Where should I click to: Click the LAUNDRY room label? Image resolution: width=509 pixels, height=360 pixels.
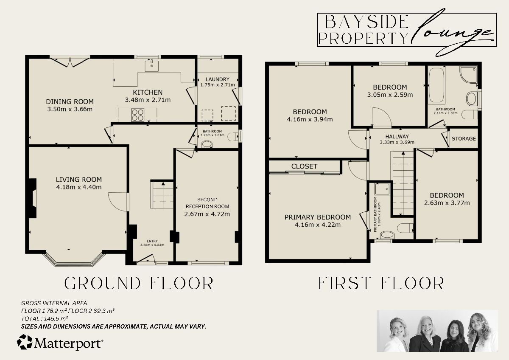(x=217, y=79)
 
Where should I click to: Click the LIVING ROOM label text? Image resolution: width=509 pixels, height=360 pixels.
(x=79, y=180)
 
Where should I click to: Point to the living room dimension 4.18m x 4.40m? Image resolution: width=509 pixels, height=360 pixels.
(x=79, y=187)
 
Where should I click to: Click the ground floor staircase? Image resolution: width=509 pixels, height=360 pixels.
(x=162, y=195)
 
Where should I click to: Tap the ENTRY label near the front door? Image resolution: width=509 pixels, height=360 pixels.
(x=152, y=241)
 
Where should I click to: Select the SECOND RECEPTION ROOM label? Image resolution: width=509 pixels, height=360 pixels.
(x=207, y=203)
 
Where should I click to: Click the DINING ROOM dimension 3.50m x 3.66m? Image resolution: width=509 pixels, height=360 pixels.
(x=70, y=109)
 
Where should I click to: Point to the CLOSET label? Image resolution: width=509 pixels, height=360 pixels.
(x=304, y=166)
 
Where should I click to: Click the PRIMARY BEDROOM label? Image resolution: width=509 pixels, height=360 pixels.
(x=317, y=217)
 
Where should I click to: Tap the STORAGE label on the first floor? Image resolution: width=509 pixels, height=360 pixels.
(x=464, y=139)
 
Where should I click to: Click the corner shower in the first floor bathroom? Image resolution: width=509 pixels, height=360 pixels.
(x=468, y=76)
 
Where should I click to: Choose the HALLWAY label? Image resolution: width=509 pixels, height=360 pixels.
(x=396, y=136)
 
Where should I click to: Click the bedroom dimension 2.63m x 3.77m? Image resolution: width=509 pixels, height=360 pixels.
(x=447, y=203)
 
